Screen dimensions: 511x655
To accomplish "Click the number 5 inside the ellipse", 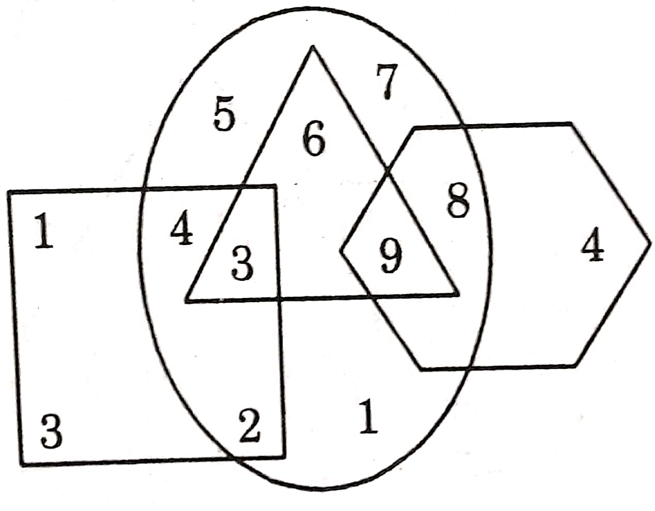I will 225,116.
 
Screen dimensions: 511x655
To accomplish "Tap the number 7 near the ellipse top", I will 386,83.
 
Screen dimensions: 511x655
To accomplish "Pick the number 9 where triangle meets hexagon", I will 390,256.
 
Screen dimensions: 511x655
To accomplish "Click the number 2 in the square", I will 249,425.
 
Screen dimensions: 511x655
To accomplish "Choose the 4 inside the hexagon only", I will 592,248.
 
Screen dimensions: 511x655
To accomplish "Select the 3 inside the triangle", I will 242,263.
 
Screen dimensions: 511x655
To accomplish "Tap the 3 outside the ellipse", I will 52,431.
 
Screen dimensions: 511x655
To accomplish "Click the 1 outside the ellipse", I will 44,233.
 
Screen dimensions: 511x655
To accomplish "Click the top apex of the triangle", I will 313,47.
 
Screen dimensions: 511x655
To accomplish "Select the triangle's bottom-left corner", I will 186,300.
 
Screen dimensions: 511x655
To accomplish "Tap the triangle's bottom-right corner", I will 458,295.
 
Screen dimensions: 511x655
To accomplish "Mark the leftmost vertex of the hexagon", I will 341,251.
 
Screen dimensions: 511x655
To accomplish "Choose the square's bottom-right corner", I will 284,457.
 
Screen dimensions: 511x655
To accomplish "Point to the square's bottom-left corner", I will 22,463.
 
